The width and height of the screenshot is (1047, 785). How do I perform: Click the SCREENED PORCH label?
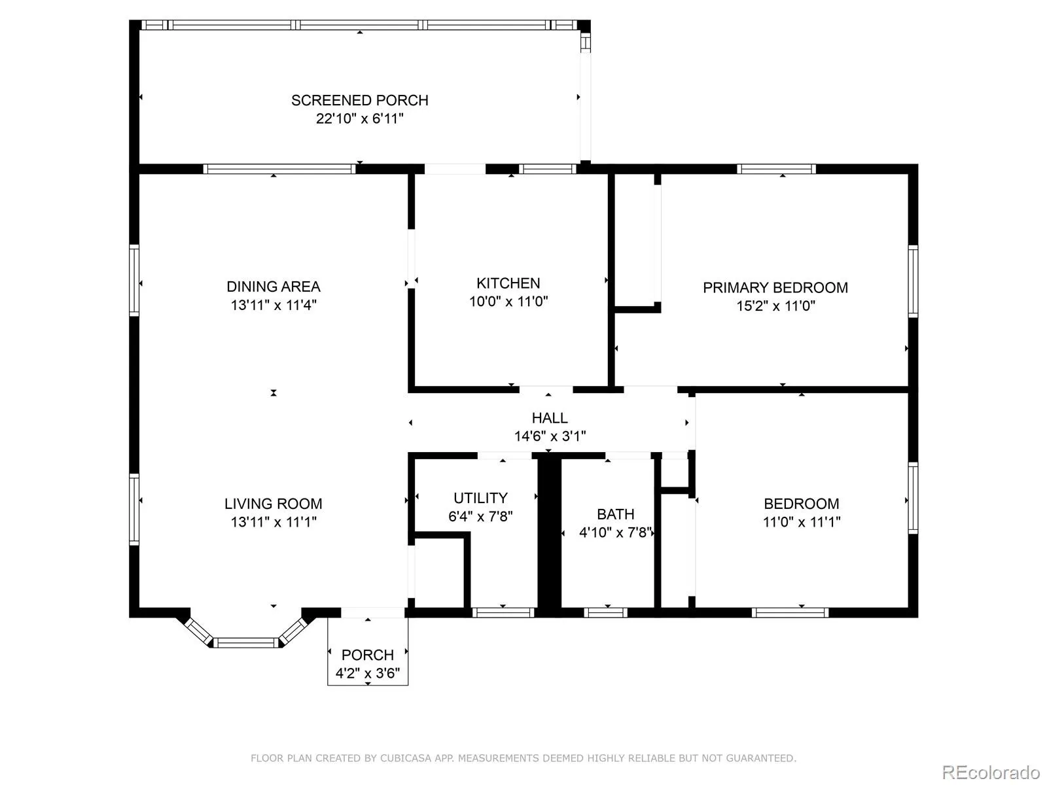click(360, 101)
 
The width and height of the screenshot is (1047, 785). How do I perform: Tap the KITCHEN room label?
click(508, 284)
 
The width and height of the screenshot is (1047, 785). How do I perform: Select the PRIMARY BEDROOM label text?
click(775, 288)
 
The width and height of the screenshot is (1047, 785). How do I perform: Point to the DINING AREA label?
click(274, 287)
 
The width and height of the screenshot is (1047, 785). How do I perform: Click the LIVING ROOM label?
click(274, 504)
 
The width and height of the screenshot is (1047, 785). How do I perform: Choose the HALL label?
click(550, 418)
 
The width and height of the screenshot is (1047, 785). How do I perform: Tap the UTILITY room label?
click(480, 498)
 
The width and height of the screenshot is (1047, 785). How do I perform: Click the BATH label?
click(615, 514)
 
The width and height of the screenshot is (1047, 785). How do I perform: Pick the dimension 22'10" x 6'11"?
click(360, 118)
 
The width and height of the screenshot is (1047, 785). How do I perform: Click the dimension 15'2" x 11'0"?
click(775, 306)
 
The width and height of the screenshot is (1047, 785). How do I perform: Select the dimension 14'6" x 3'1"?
click(550, 436)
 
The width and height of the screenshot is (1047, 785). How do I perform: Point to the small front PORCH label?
click(367, 655)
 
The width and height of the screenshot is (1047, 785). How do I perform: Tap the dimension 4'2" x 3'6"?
click(367, 673)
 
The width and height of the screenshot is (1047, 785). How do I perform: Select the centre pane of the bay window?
click(245, 643)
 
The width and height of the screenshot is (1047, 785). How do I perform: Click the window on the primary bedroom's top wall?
click(776, 169)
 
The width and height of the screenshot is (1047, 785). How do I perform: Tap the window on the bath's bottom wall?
click(605, 613)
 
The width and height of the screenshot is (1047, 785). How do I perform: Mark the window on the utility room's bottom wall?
click(503, 613)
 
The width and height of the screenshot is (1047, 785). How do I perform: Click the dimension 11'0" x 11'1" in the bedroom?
click(802, 522)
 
